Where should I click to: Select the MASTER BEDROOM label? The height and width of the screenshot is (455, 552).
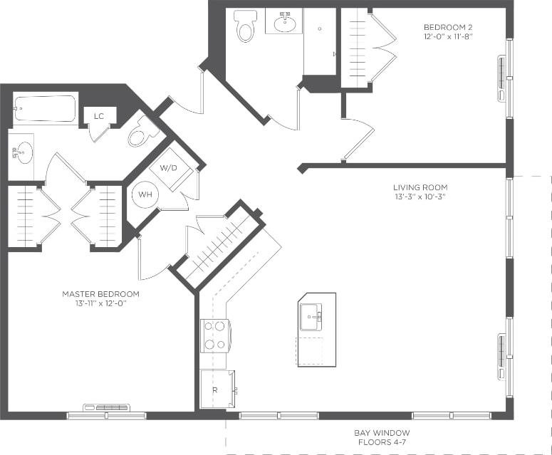pyautogui.click(x=100, y=293)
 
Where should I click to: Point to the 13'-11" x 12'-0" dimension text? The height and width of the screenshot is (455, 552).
pyautogui.click(x=100, y=303)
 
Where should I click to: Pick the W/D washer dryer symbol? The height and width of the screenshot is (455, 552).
pyautogui.click(x=169, y=169)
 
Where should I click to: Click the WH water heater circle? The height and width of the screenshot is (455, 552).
pyautogui.click(x=145, y=194)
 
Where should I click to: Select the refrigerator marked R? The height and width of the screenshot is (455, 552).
pyautogui.click(x=217, y=389)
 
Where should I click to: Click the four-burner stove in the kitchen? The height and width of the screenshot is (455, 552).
pyautogui.click(x=214, y=335)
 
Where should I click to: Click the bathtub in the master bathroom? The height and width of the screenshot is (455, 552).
pyautogui.click(x=44, y=110)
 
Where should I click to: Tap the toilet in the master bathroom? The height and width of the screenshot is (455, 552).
pyautogui.click(x=144, y=132)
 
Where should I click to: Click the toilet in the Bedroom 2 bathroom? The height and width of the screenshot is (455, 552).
pyautogui.click(x=246, y=26)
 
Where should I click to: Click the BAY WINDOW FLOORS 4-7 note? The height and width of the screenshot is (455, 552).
pyautogui.click(x=382, y=437)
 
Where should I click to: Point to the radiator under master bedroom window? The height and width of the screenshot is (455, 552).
pyautogui.click(x=106, y=407)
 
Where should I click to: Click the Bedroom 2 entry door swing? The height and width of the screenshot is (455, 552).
pyautogui.click(x=358, y=139)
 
